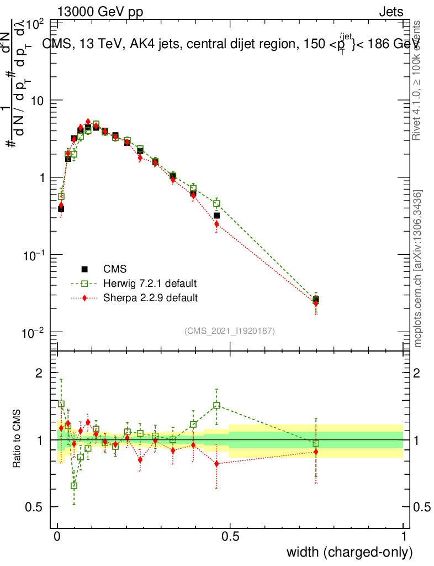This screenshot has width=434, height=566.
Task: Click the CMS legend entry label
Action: point(115,270)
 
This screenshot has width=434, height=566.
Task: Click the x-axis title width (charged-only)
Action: point(350,552)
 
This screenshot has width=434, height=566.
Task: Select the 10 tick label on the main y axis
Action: point(38,101)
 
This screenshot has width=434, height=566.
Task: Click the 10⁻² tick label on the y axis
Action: point(33,333)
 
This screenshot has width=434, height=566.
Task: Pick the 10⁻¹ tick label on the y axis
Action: point(33,255)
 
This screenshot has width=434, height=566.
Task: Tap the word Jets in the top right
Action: point(390,12)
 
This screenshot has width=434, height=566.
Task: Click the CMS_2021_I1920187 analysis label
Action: point(230,331)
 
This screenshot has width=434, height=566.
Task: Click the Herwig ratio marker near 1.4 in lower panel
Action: point(217,405)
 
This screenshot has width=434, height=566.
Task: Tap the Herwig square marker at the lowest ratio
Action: point(74,486)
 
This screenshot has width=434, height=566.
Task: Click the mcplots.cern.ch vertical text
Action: point(419,269)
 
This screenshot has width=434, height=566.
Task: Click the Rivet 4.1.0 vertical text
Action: point(417,80)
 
